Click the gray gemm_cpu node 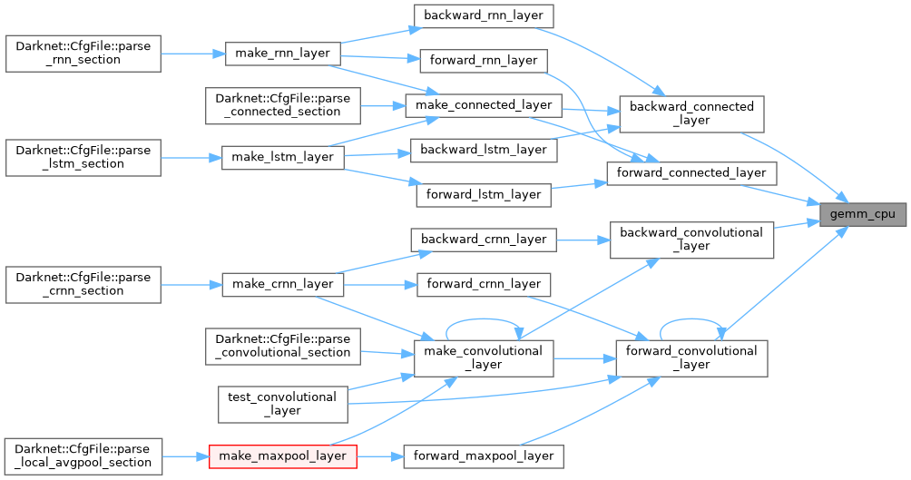[862, 214]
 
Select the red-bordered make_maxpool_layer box [280, 456]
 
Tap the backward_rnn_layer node [483, 15]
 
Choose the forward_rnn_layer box [483, 62]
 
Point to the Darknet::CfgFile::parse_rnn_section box [83, 53]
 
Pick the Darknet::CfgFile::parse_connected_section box [283, 105]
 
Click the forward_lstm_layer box [483, 193]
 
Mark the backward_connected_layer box [691, 113]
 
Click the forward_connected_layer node [691, 171]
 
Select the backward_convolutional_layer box [691, 240]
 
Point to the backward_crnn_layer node [483, 240]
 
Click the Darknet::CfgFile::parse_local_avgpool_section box [83, 456]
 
